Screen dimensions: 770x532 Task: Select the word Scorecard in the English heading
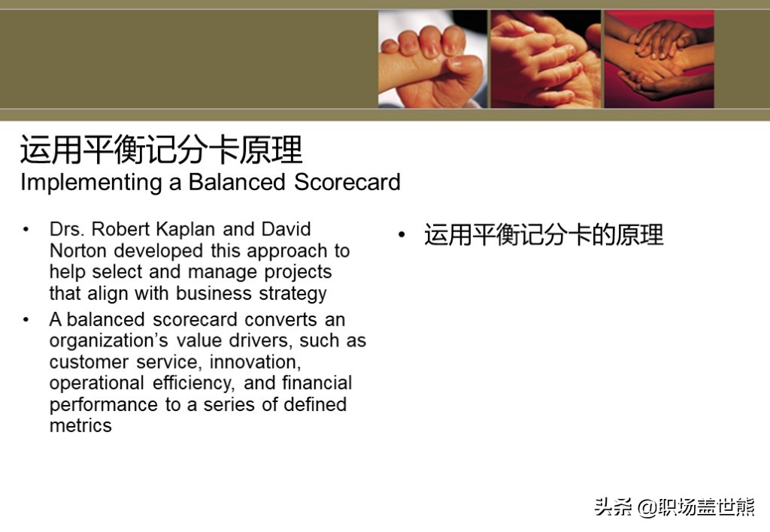pyautogui.click(x=347, y=182)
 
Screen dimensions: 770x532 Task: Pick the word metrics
pyautogui.click(x=80, y=425)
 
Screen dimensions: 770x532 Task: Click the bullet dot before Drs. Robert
pyautogui.click(x=26, y=229)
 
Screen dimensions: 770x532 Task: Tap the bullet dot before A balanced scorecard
pyautogui.click(x=26, y=319)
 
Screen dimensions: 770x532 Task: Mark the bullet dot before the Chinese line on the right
pyautogui.click(x=402, y=234)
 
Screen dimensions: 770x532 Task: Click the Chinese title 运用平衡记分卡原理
pyautogui.click(x=161, y=150)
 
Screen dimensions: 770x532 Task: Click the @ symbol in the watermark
pyautogui.click(x=647, y=507)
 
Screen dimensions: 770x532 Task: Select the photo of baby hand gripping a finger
pyautogui.click(x=432, y=59)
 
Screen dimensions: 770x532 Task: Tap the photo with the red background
pyautogui.click(x=659, y=59)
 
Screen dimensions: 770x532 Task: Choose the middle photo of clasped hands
pyautogui.click(x=546, y=59)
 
